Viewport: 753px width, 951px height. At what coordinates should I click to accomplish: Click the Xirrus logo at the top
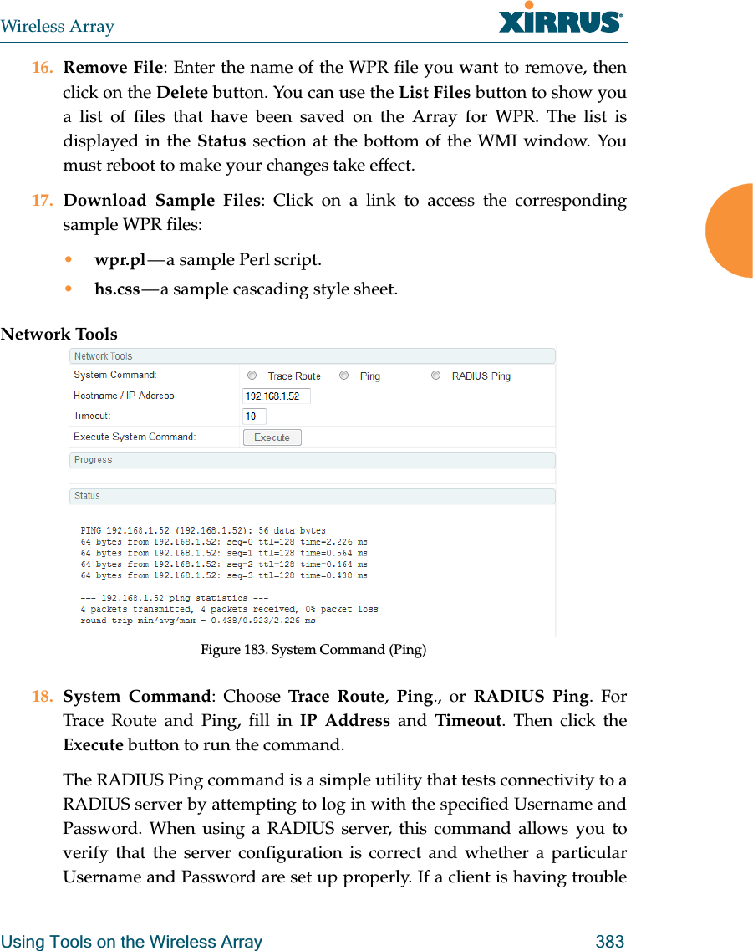(x=560, y=18)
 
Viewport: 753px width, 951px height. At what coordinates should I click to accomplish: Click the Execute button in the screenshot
(x=272, y=437)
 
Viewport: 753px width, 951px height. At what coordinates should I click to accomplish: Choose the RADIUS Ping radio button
(x=435, y=376)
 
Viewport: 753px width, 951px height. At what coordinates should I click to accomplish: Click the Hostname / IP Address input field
(x=276, y=396)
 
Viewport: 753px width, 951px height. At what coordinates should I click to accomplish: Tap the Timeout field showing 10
(x=254, y=417)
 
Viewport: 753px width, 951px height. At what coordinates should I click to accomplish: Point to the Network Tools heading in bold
(x=59, y=335)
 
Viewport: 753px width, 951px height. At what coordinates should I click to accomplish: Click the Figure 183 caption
(x=313, y=649)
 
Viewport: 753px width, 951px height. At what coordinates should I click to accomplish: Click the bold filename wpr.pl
(x=120, y=260)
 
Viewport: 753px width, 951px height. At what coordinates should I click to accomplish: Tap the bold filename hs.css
(x=117, y=289)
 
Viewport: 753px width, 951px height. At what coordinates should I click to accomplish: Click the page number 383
(x=609, y=942)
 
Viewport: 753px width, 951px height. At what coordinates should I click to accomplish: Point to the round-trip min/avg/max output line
(x=197, y=621)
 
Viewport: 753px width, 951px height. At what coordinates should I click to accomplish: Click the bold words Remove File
(x=113, y=68)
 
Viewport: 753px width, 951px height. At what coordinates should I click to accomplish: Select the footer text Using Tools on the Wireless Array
(x=131, y=942)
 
